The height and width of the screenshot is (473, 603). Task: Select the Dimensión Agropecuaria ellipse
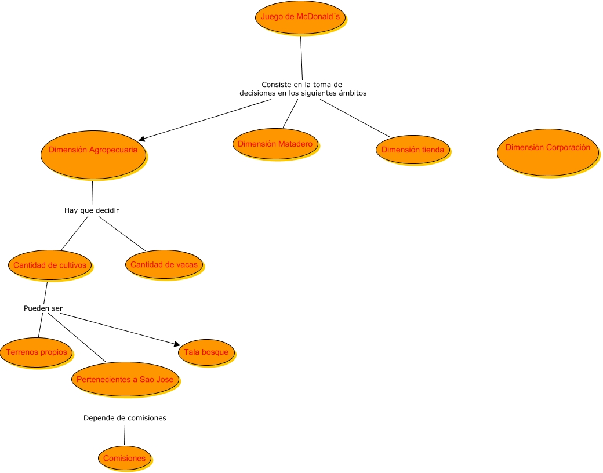(93, 153)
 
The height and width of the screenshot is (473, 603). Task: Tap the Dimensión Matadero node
(275, 144)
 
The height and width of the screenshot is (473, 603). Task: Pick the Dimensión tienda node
(412, 150)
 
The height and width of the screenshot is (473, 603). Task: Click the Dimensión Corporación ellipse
(547, 151)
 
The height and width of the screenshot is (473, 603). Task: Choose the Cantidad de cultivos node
(50, 265)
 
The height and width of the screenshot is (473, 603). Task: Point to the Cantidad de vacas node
(164, 265)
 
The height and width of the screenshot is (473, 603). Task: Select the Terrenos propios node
(36, 352)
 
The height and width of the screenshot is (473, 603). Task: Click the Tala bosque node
(206, 352)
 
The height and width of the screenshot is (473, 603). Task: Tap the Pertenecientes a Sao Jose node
(125, 380)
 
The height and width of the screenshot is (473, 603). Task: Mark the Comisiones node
(124, 458)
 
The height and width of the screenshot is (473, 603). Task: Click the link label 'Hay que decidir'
(92, 210)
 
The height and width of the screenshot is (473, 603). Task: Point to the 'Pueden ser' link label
(43, 308)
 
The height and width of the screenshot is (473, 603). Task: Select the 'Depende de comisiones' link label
(125, 418)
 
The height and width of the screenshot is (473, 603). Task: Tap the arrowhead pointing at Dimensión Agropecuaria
(142, 139)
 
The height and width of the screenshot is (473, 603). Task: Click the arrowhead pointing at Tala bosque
(176, 344)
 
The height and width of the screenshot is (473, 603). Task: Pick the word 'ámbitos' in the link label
(350, 93)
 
